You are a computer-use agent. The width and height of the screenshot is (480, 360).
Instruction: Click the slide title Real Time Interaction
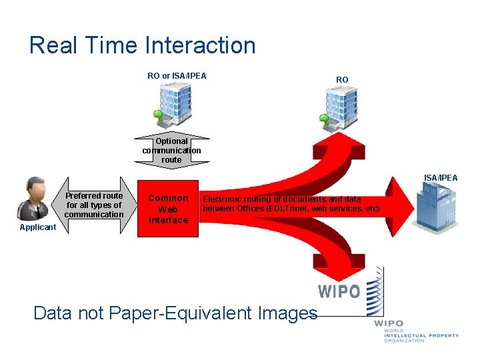pyautogui.click(x=143, y=45)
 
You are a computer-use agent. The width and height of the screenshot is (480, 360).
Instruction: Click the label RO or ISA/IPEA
pyautogui.click(x=177, y=75)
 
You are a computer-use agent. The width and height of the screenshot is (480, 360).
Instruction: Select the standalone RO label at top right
pyautogui.click(x=342, y=79)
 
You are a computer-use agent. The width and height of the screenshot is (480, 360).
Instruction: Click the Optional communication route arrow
pyautogui.click(x=171, y=150)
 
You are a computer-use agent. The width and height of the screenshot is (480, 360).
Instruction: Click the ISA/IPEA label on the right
pyautogui.click(x=441, y=177)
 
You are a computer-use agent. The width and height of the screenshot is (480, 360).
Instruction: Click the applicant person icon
pyautogui.click(x=36, y=198)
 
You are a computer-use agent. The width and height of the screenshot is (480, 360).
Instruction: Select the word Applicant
pyautogui.click(x=38, y=227)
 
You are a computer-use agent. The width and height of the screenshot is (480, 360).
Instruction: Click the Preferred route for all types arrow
pyautogui.click(x=94, y=205)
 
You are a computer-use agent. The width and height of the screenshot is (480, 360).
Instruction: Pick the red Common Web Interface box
pyautogui.click(x=168, y=209)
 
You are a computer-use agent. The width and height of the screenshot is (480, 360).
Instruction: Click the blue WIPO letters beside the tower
pyautogui.click(x=339, y=291)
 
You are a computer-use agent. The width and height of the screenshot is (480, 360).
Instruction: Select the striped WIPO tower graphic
pyautogui.click(x=375, y=291)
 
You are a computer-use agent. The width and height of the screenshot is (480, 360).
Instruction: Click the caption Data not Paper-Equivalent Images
pyautogui.click(x=175, y=313)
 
